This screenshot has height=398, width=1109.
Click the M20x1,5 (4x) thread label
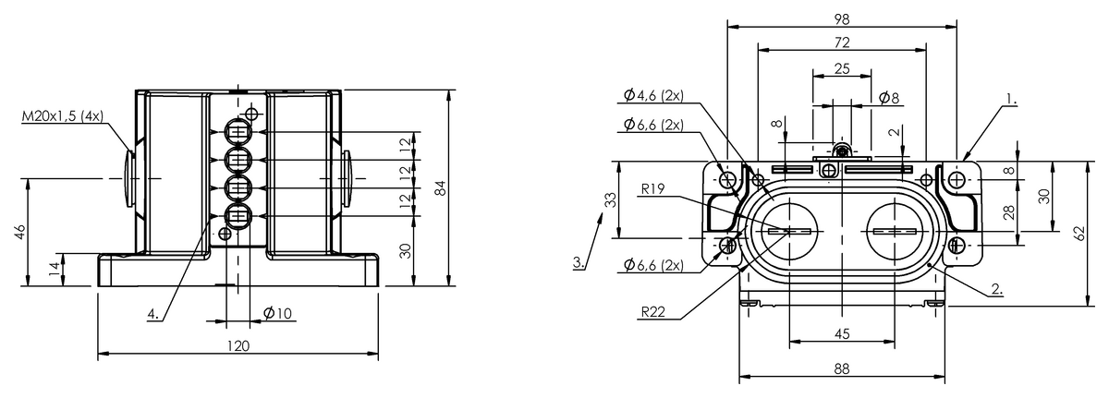point(63,116)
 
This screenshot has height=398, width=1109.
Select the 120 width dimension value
point(238,346)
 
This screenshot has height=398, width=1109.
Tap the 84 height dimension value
point(440,188)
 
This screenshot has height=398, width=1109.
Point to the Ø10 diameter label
point(278,313)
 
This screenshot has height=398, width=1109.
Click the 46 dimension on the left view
point(19,232)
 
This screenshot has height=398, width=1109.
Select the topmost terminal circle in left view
point(239,132)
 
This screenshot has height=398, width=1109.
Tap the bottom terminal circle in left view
point(239,216)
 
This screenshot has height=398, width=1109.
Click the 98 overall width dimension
point(842,19)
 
